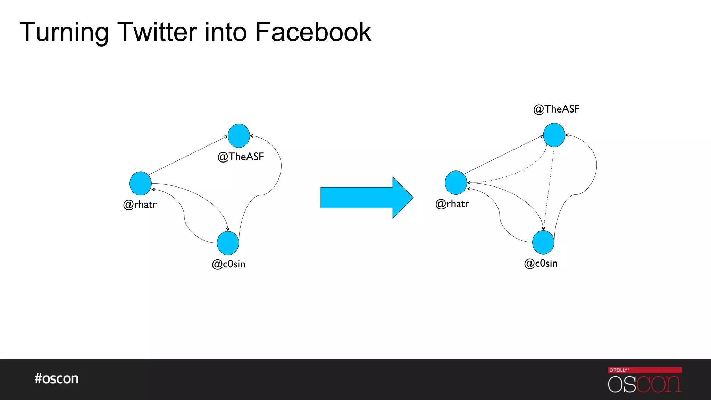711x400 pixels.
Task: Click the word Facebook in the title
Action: [x=313, y=32]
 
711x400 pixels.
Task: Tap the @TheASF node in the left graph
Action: [x=239, y=136]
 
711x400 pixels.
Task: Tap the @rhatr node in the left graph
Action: [x=141, y=183]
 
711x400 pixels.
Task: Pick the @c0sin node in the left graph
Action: [x=228, y=243]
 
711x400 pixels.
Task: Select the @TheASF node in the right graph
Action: [x=554, y=135]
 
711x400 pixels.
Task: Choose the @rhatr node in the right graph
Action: [x=456, y=183]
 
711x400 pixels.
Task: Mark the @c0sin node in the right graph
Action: [x=543, y=242]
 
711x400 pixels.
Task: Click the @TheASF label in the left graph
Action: [x=241, y=157]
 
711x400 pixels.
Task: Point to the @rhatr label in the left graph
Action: [x=140, y=205]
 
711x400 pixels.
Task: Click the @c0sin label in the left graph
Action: [x=228, y=264]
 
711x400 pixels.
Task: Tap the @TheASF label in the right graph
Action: [x=557, y=109]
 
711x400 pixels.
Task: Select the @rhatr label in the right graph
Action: [x=452, y=204]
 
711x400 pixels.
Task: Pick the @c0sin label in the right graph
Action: [x=541, y=264]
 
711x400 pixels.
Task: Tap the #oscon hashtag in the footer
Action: [x=57, y=378]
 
